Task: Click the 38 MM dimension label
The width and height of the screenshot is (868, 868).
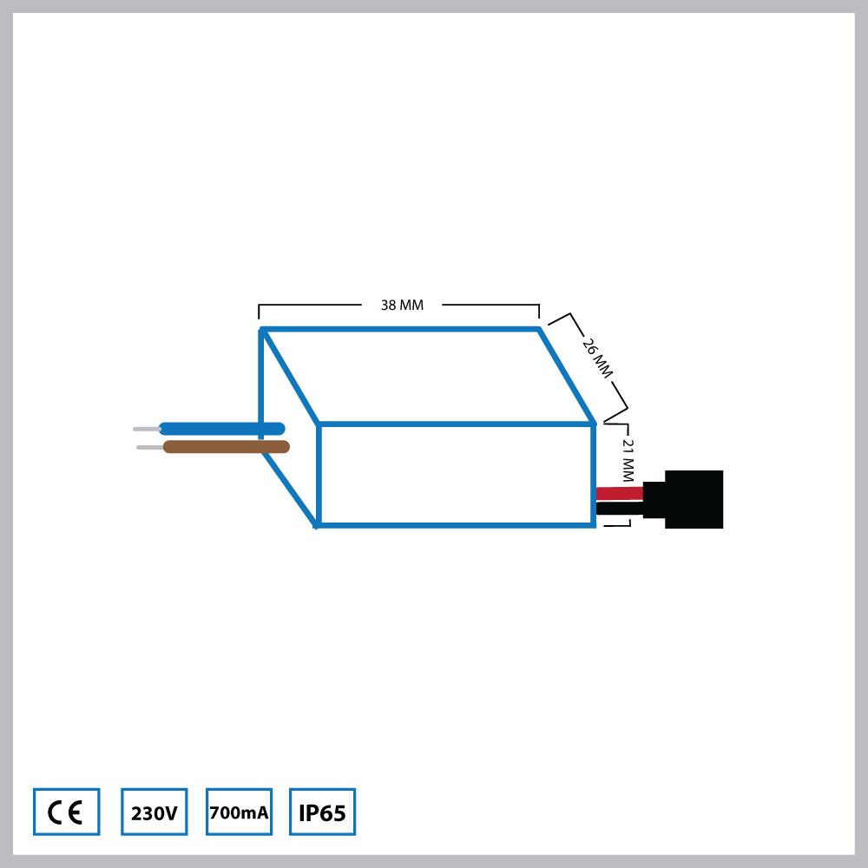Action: click(x=402, y=306)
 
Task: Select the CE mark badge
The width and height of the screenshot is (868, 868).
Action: click(x=66, y=812)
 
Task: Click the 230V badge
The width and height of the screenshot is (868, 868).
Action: click(x=154, y=812)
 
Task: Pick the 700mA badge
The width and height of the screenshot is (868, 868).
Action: click(x=239, y=812)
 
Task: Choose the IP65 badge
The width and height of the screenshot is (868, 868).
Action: click(x=322, y=812)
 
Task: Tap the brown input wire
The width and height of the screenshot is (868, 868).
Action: click(x=226, y=447)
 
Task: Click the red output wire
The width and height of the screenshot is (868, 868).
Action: click(x=619, y=493)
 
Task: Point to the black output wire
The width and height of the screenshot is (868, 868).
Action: click(x=619, y=508)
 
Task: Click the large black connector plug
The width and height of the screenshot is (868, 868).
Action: click(x=693, y=499)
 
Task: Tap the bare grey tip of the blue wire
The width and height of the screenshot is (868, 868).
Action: click(x=145, y=429)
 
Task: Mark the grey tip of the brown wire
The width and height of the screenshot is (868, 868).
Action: click(x=149, y=448)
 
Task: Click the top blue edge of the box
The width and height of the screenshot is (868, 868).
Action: click(x=399, y=329)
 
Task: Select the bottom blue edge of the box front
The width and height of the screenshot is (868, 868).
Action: click(x=456, y=525)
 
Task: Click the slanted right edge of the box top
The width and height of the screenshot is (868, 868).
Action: click(x=567, y=376)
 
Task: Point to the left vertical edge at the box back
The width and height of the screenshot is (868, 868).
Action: click(x=261, y=382)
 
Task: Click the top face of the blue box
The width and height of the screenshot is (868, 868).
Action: click(x=425, y=376)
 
